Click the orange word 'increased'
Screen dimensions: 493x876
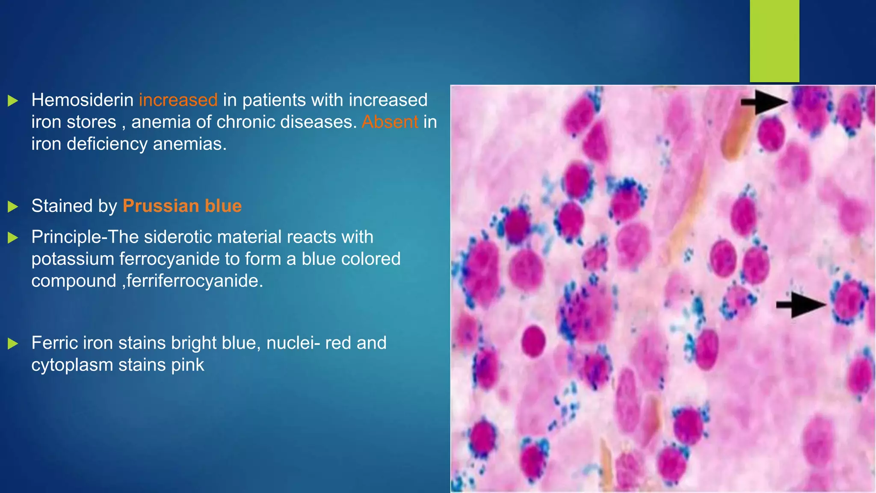tap(178, 100)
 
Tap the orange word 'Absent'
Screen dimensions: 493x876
tap(390, 122)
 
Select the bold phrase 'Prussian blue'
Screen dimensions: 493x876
tap(182, 206)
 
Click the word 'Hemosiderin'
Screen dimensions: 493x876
tap(83, 100)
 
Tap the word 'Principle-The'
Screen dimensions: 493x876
tap(85, 237)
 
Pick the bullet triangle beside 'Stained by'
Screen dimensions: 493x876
tap(13, 207)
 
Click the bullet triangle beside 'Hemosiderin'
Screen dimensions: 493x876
tap(13, 101)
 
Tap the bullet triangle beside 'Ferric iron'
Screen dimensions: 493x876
tap(13, 344)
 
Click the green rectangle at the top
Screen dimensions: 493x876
tap(774, 41)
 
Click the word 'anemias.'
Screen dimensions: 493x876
tap(189, 144)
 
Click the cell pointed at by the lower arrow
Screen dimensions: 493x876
tap(849, 302)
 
